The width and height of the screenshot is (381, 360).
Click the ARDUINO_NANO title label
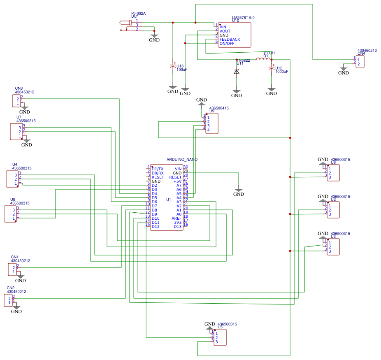[x=182, y=159]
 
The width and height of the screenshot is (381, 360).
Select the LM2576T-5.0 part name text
[x=243, y=18]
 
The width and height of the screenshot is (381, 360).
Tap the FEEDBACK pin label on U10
[x=230, y=39]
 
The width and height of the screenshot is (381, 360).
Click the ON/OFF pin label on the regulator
[x=227, y=44]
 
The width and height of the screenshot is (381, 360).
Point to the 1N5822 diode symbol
[x=237, y=72]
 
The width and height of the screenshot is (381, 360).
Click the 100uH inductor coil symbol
[x=263, y=59]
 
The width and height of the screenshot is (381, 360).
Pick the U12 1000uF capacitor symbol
[x=271, y=69]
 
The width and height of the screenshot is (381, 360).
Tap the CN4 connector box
[x=360, y=62]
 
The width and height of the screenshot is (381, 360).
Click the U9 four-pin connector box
[x=212, y=124]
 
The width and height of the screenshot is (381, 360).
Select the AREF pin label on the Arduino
[x=177, y=218]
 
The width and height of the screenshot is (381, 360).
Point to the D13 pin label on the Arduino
[x=177, y=227]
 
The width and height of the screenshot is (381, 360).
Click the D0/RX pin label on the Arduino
[x=158, y=173]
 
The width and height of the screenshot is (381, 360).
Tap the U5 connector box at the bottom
[x=220, y=337]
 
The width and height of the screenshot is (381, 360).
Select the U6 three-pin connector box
[x=333, y=173]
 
